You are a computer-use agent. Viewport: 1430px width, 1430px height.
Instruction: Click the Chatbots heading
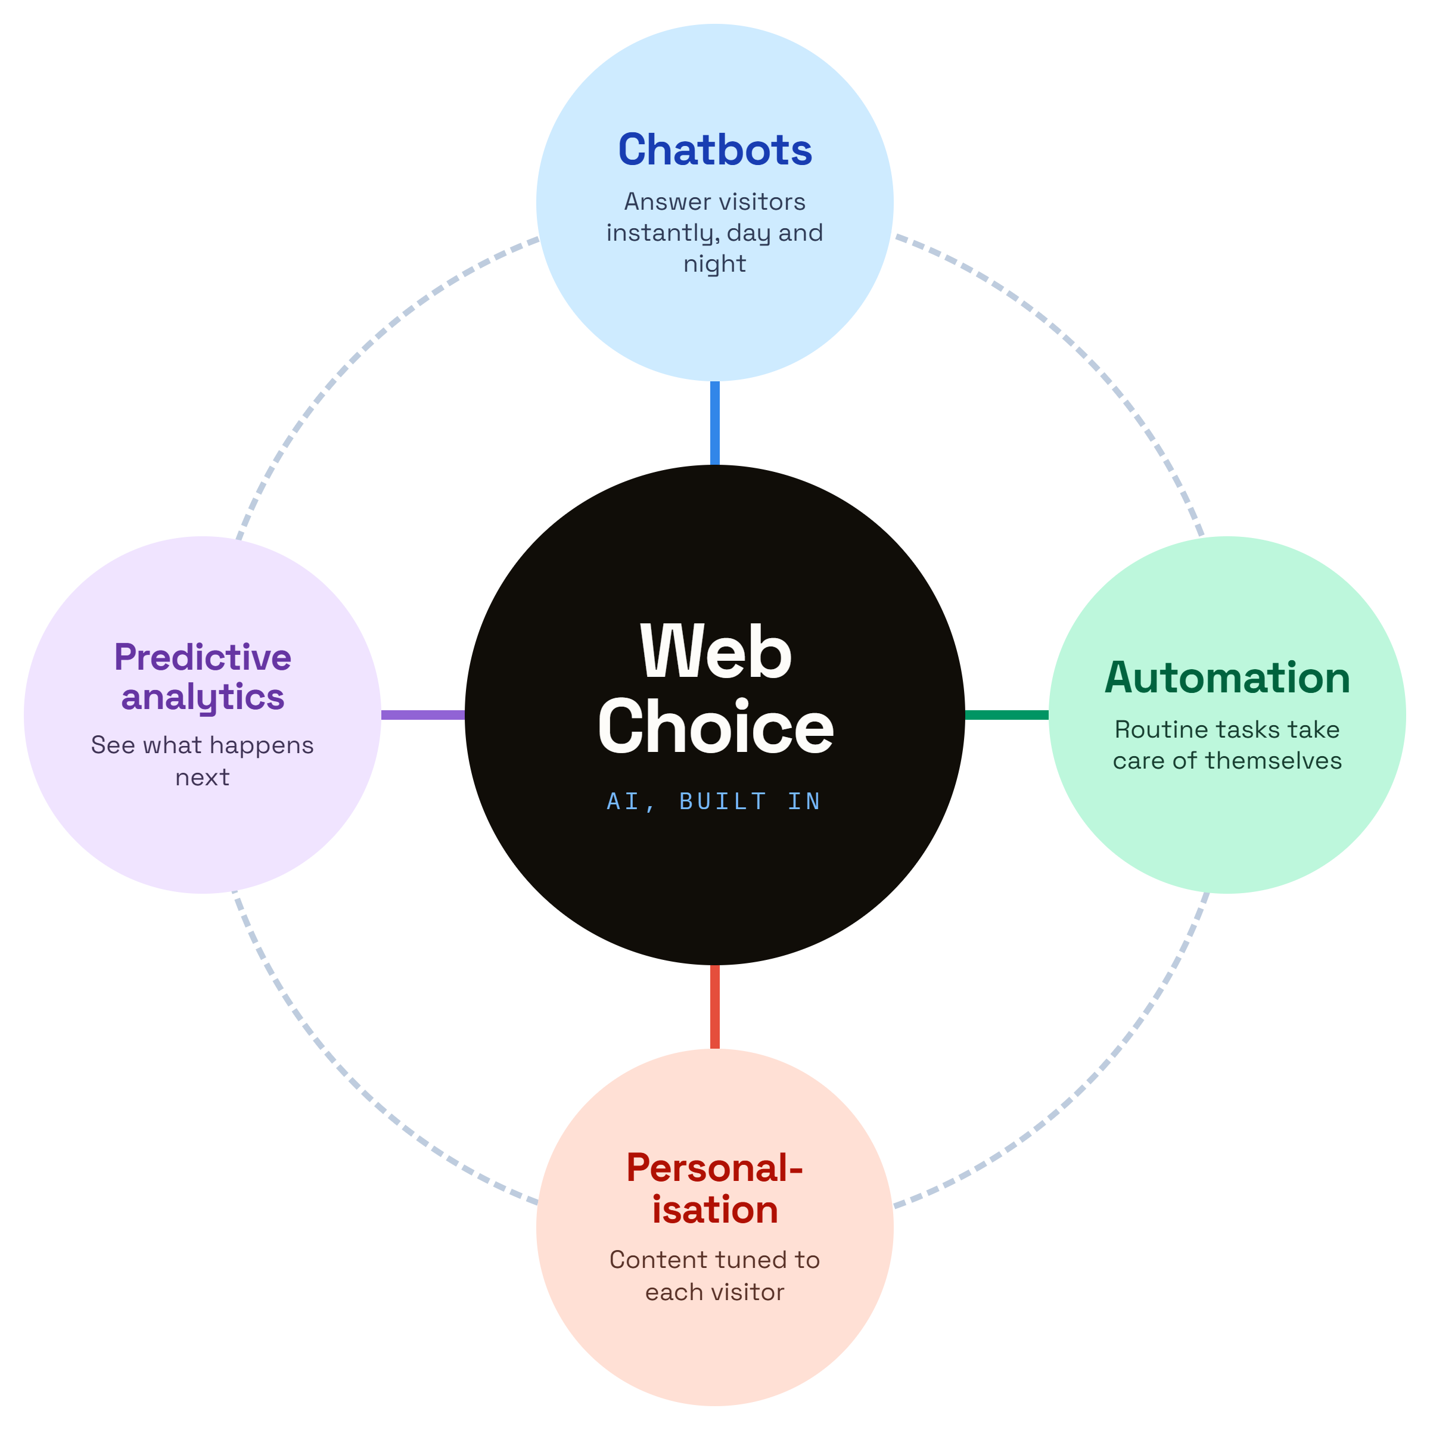(x=715, y=150)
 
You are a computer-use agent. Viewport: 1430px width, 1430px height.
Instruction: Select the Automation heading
(x=1227, y=677)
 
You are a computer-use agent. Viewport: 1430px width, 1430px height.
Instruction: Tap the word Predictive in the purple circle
(x=203, y=657)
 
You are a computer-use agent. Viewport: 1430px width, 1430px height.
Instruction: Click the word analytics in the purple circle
(x=203, y=697)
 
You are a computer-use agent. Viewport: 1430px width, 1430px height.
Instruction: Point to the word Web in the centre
(x=716, y=651)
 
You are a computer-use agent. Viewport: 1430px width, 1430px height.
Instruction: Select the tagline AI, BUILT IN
(x=714, y=801)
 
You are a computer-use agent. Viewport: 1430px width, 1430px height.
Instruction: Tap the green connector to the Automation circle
(x=1006, y=715)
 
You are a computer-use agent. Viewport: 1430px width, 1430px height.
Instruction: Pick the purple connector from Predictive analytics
(x=422, y=715)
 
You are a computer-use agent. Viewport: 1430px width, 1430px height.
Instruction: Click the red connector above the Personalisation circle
(x=715, y=1006)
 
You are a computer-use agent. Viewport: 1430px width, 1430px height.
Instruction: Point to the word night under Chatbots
(x=715, y=264)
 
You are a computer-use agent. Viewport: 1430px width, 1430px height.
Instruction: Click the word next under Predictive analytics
(x=203, y=777)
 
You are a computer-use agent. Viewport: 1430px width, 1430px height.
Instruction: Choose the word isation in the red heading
(x=715, y=1210)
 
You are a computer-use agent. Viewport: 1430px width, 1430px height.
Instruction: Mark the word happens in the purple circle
(x=269, y=745)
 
